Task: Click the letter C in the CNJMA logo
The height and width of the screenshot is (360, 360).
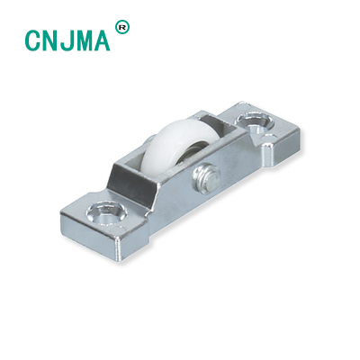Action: pyautogui.click(x=32, y=40)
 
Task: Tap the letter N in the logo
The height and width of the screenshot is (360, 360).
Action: pyautogui.click(x=51, y=40)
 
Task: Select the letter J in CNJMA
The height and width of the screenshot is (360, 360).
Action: pyautogui.click(x=67, y=40)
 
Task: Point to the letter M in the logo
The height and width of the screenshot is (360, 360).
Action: pyautogui.click(x=85, y=40)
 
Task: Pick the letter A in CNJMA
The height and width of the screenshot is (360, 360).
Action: pyautogui.click(x=103, y=40)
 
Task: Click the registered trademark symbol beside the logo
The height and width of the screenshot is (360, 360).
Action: pyautogui.click(x=122, y=27)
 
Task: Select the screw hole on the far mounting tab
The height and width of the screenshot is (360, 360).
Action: pyautogui.click(x=256, y=121)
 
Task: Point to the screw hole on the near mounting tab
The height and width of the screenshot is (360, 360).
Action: pyautogui.click(x=106, y=213)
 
